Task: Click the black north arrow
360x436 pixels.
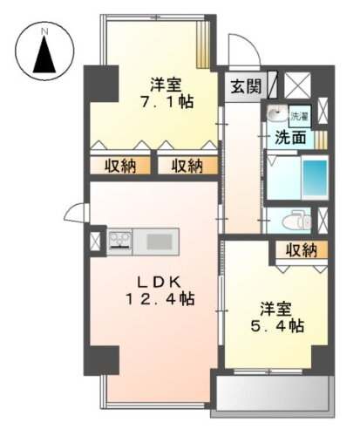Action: pyautogui.click(x=43, y=58)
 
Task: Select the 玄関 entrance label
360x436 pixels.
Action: pyautogui.click(x=244, y=86)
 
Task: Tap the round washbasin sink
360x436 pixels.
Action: pyautogui.click(x=276, y=114)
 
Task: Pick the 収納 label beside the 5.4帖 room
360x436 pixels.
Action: pyautogui.click(x=300, y=251)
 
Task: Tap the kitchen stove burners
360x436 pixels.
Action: pyautogui.click(x=120, y=241)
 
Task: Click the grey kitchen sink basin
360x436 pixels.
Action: pyautogui.click(x=160, y=241)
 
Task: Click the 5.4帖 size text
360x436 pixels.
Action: pyautogui.click(x=282, y=326)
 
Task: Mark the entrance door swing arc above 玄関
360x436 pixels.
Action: pyautogui.click(x=237, y=49)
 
